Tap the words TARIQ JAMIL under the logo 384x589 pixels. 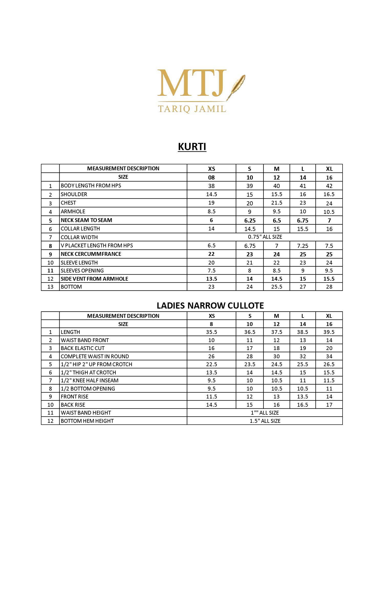coord(192,109)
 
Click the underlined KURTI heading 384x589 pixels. coord(192,147)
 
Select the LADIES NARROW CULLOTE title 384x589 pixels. coord(210,306)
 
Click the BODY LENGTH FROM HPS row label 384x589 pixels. coord(91,186)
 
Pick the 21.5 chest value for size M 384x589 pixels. coord(276,203)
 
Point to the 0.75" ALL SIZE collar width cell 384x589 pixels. coord(265,237)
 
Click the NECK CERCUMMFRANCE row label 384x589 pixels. coord(91,254)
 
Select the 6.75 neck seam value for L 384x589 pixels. coord(303,220)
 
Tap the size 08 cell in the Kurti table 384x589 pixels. coord(211,177)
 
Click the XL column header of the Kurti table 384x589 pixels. coord(329,169)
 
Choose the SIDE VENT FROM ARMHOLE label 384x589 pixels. coord(94,279)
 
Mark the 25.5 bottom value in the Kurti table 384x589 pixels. coord(276,287)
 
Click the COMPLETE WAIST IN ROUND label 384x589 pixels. coord(95,356)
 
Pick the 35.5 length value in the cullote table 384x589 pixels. coord(211,332)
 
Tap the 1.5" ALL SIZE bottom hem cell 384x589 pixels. coord(265,421)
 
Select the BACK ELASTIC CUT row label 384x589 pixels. coord(83,348)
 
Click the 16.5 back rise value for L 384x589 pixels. coord(303,405)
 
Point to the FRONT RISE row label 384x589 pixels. coord(74,397)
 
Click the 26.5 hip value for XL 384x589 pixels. coord(329,364)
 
